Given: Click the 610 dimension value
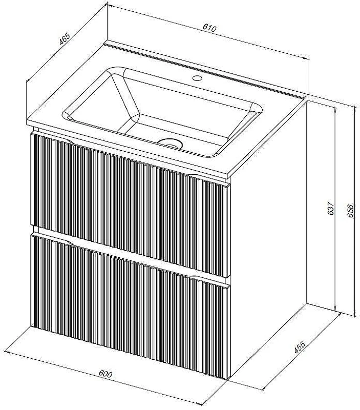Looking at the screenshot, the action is pos(210,28).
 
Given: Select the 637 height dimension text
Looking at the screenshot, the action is pos(331,209).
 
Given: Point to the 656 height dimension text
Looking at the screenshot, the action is pos(350,210).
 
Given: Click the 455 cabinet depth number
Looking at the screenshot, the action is pos(300,347).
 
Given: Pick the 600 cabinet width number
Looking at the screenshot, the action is pos(105,374).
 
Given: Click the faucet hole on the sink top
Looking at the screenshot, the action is pos(197,78).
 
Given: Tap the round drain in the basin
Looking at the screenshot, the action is pos(170,143).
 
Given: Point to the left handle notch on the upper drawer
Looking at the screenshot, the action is pos(67,140).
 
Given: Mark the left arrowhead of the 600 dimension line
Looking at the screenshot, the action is pos(7,352).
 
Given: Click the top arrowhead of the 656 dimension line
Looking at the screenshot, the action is pos(355,109).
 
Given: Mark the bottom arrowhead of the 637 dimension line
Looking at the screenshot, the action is pos(335,309).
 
